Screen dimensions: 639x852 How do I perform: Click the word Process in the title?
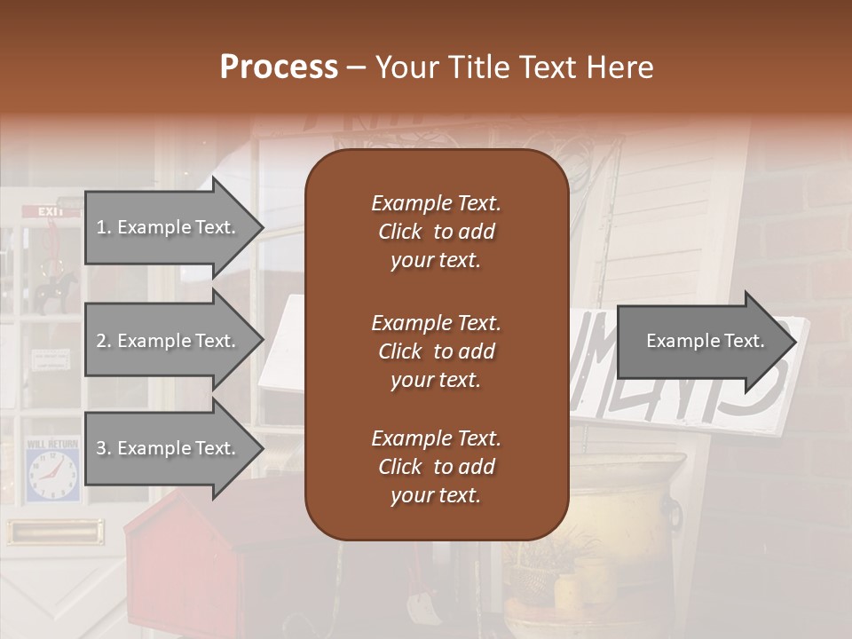tap(279, 67)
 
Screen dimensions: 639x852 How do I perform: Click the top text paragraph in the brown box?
tap(436, 232)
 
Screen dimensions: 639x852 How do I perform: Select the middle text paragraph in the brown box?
tap(436, 351)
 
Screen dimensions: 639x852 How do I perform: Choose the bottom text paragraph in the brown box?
tap(436, 467)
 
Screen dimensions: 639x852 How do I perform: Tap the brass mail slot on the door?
tap(53, 532)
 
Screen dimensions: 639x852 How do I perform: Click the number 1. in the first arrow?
tap(103, 227)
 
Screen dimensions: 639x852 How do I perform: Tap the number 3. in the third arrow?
tap(103, 448)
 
